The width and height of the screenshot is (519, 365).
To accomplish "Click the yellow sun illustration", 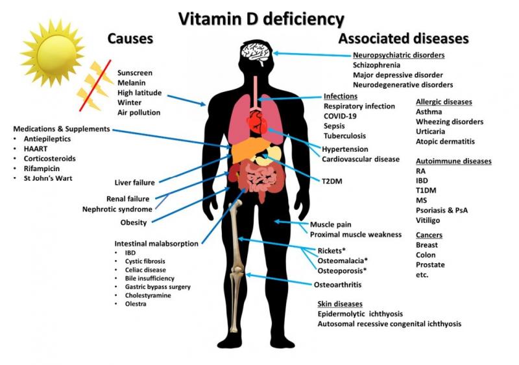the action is [x=53, y=54].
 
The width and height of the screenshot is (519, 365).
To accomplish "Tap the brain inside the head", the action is [x=256, y=53].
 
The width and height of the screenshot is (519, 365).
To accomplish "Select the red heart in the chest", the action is [x=257, y=121].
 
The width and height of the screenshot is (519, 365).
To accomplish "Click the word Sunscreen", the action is [x=135, y=73].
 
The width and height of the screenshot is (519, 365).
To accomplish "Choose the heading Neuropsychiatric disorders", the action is [x=398, y=55].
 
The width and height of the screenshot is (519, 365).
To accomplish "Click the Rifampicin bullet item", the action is [x=42, y=169].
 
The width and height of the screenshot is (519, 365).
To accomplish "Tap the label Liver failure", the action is [x=134, y=183].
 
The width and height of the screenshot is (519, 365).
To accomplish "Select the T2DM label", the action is [x=332, y=182].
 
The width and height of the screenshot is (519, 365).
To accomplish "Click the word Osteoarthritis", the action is [x=337, y=285].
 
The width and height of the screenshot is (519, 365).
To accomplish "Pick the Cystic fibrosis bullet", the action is [x=145, y=261].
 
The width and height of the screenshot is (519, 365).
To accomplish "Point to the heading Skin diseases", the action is [x=340, y=304].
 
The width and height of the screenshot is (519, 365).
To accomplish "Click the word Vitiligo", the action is [x=428, y=220].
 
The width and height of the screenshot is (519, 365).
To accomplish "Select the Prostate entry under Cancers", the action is [x=430, y=265].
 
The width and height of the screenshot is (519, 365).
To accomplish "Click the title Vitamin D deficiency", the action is [x=261, y=19].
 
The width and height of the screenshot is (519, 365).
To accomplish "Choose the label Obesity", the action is [x=134, y=223].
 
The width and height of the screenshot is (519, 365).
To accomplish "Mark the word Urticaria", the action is [x=430, y=132].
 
